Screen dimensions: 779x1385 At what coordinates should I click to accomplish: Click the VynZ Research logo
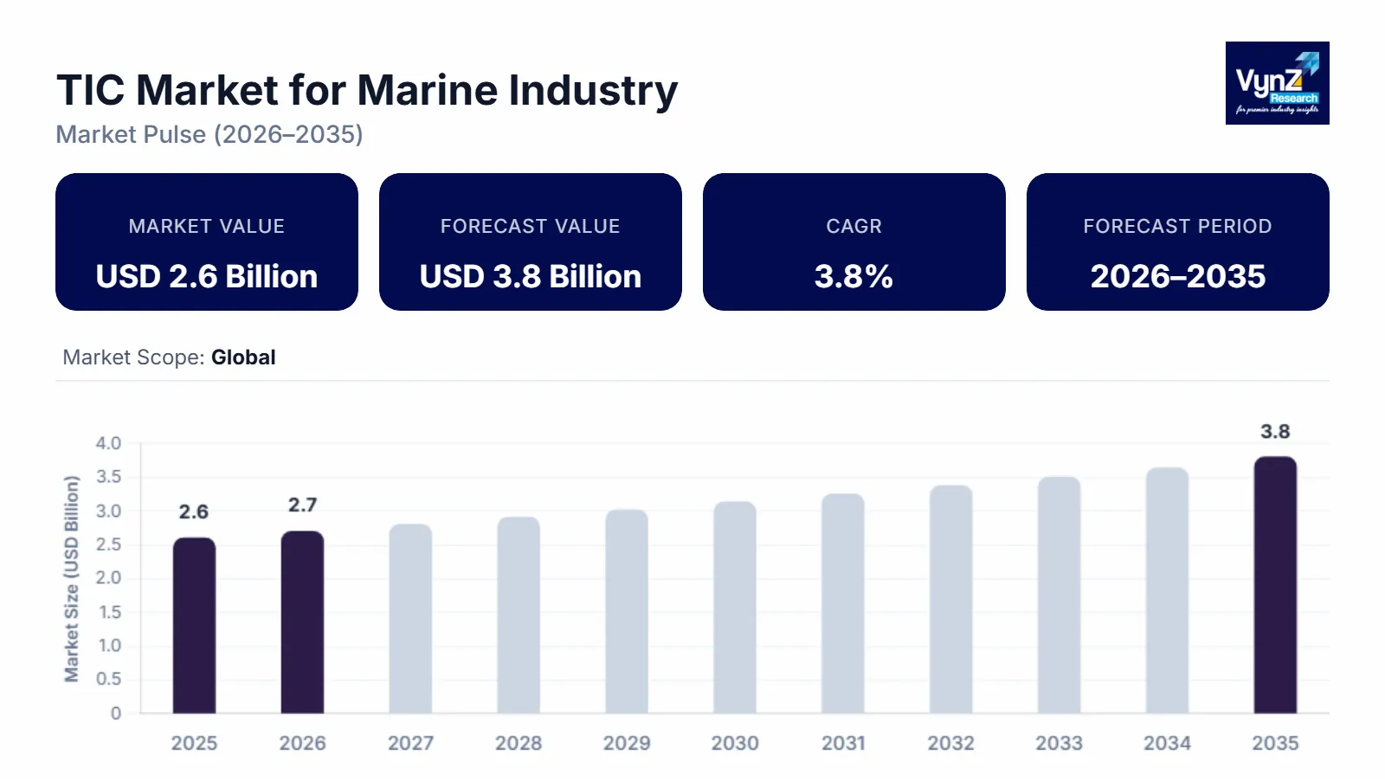tap(1277, 83)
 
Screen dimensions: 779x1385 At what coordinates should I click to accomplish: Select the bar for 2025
tap(194, 625)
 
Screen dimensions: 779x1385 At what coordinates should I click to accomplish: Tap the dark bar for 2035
tap(1275, 585)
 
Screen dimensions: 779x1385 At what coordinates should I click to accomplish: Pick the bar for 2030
tap(735, 608)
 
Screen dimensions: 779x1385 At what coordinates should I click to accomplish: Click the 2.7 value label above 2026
tap(302, 505)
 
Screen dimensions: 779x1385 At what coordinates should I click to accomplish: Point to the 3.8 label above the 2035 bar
tap(1275, 431)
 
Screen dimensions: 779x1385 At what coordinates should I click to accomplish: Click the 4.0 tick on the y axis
tap(108, 443)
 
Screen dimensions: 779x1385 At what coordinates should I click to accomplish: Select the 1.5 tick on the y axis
tap(109, 612)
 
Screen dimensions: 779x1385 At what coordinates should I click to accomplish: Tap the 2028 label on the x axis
tap(519, 743)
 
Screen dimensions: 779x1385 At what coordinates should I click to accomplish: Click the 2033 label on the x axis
tap(1059, 743)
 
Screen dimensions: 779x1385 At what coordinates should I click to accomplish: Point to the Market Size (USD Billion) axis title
tap(72, 578)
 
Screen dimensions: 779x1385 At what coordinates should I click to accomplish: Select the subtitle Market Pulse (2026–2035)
tap(209, 134)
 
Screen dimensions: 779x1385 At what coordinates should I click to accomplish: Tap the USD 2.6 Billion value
tap(207, 276)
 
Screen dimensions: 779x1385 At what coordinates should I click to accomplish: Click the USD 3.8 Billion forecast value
tap(531, 276)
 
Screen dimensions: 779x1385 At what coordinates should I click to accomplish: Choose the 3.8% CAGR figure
tap(854, 276)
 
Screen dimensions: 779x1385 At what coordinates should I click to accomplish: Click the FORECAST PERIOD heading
tap(1177, 226)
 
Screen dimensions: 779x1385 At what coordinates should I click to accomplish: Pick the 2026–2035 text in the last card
tap(1177, 276)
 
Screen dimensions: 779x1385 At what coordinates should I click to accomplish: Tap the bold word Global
tap(243, 357)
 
